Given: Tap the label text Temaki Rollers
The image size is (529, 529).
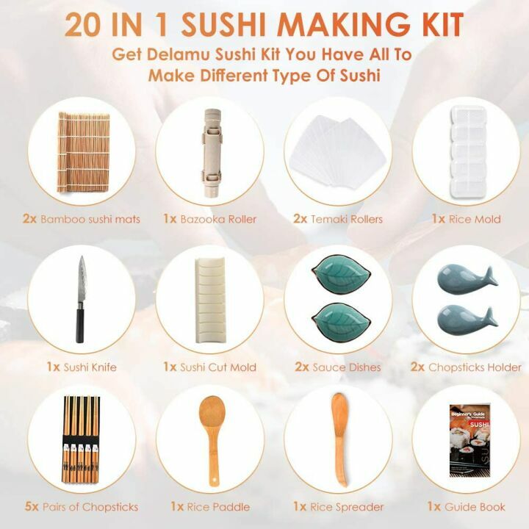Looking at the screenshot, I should pos(347,219).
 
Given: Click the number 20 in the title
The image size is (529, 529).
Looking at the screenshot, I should pos(82,24).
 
